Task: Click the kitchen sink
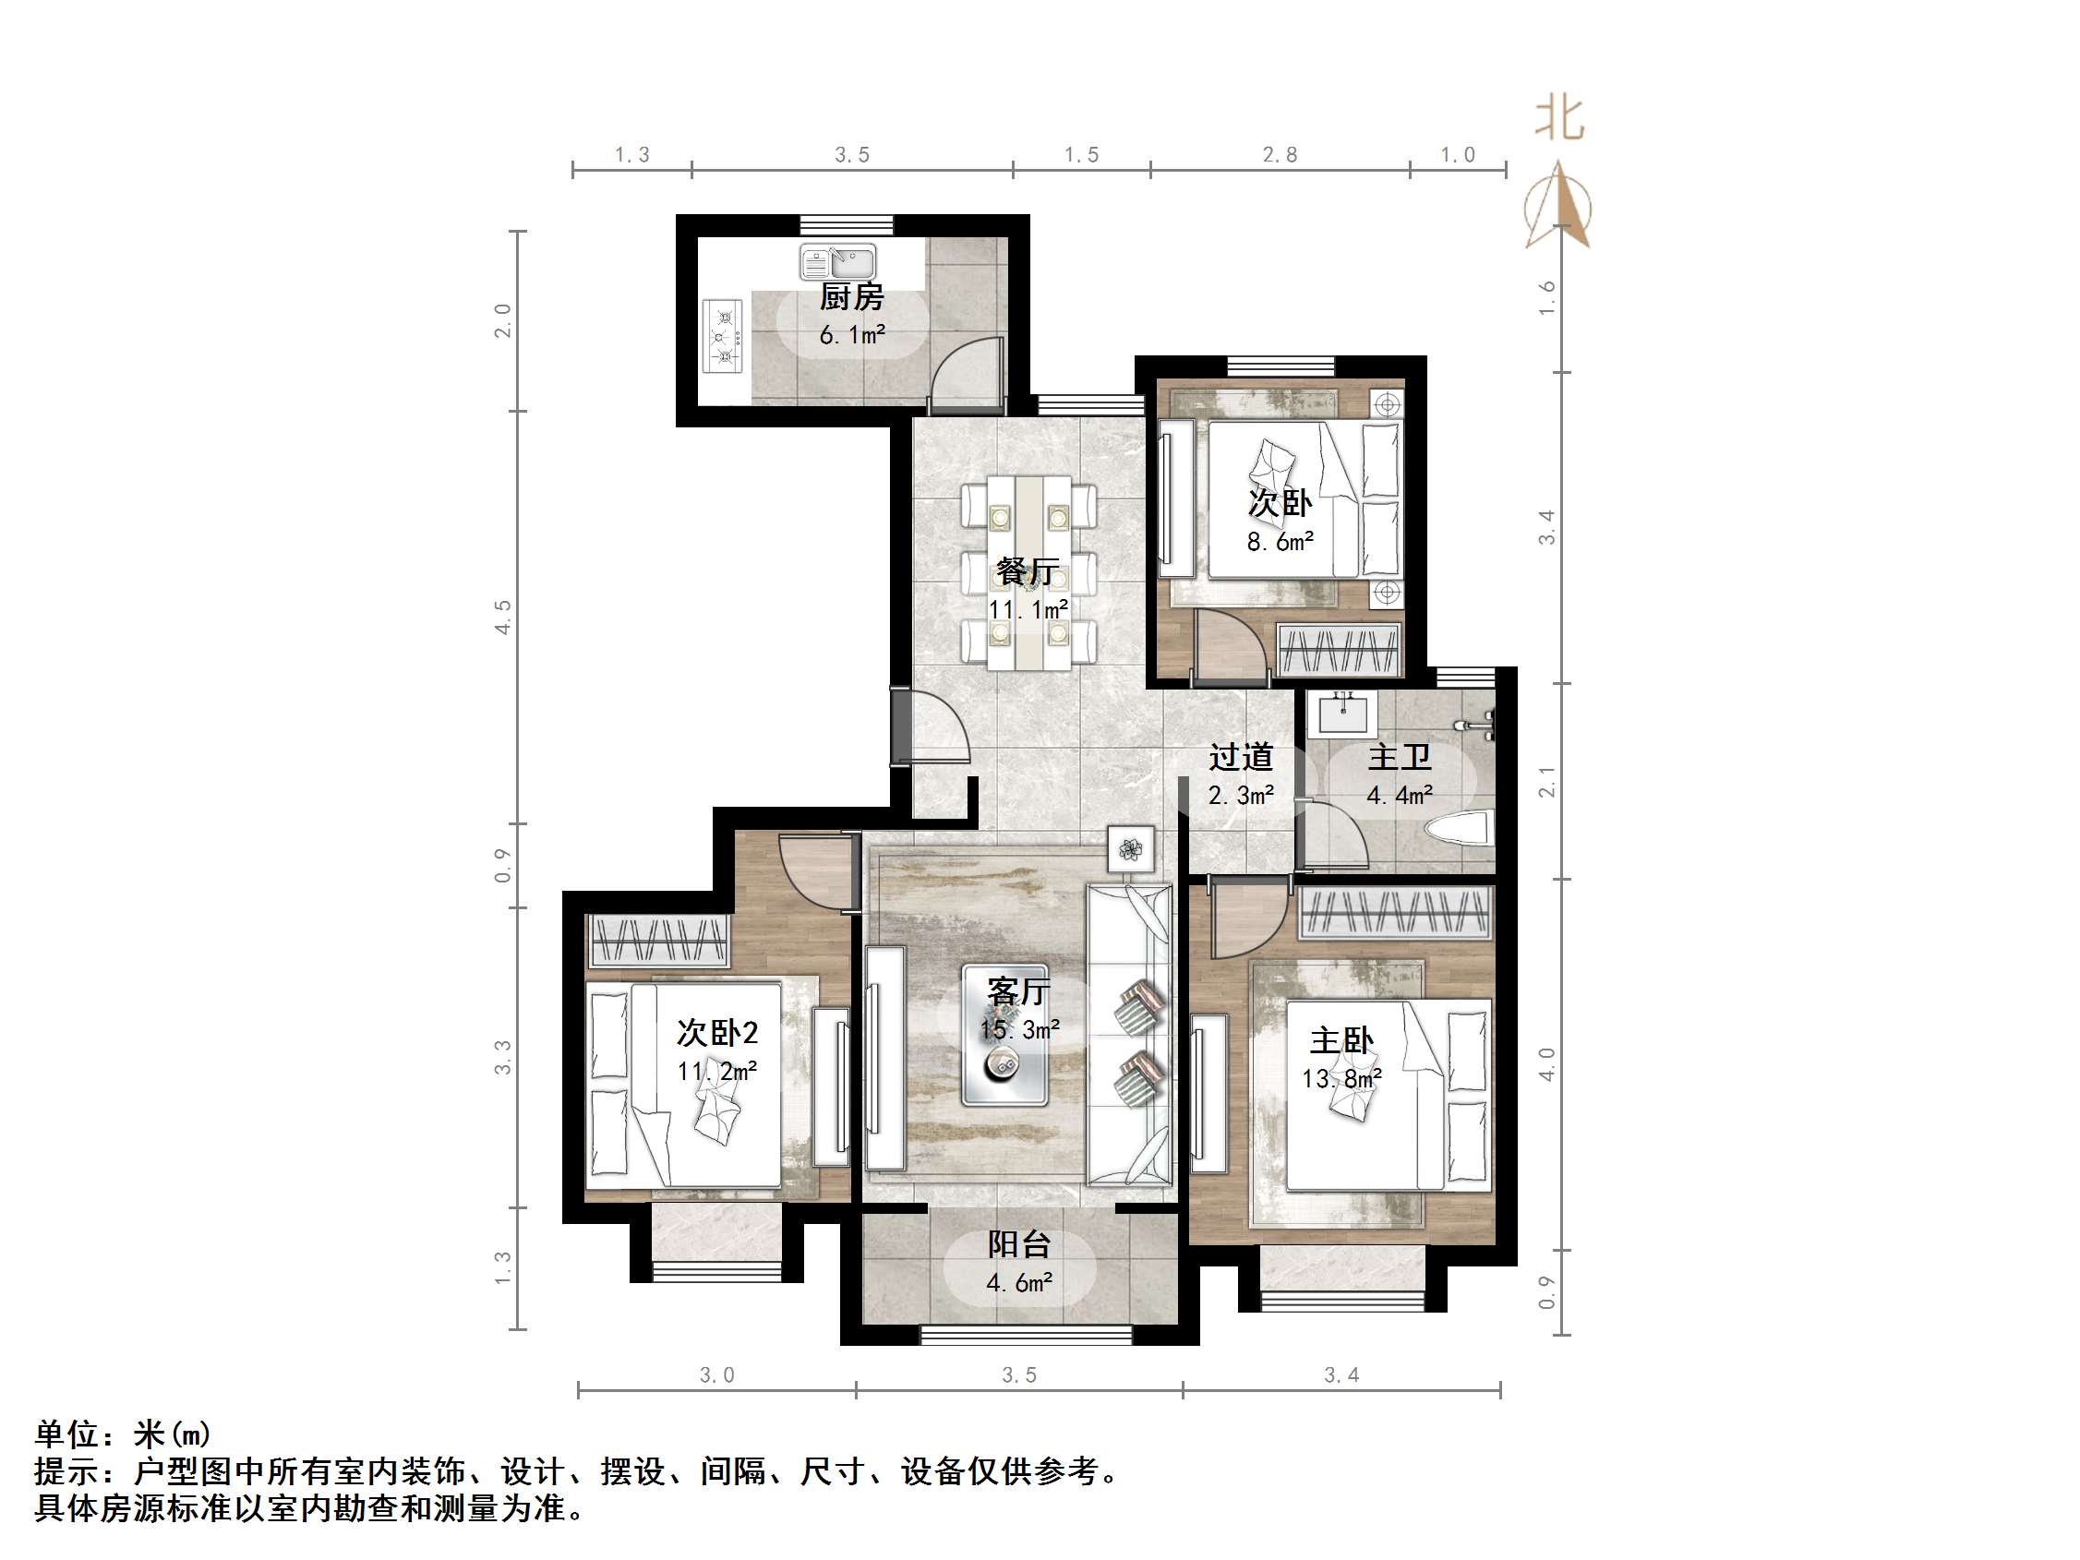[x=838, y=261]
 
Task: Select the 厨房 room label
[x=852, y=297]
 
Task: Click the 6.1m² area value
[x=852, y=335]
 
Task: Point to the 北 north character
[x=1559, y=119]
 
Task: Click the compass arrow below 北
[x=1558, y=205]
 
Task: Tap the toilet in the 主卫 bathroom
[x=1461, y=828]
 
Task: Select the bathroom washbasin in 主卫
[x=1342, y=713]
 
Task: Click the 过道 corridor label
[x=1240, y=757]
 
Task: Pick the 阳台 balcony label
[x=1018, y=1244]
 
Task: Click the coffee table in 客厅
[x=1004, y=1035]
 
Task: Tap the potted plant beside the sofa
[x=1130, y=850]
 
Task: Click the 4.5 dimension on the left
[x=503, y=617]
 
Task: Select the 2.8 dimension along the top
[x=1280, y=155]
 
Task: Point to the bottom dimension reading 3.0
[x=716, y=1375]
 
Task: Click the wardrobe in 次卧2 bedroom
[x=658, y=940]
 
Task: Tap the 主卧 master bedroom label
[x=1341, y=1040]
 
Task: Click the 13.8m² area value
[x=1341, y=1078]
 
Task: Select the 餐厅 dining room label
[x=1028, y=570]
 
